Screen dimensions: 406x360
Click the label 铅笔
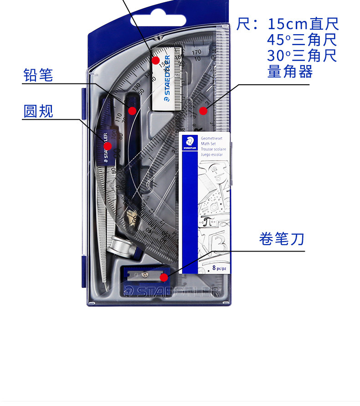(x=38, y=75)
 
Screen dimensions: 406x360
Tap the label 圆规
(x=38, y=111)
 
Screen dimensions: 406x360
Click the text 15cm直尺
(x=303, y=24)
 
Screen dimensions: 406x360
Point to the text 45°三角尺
(x=302, y=40)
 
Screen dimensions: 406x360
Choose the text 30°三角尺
(x=302, y=56)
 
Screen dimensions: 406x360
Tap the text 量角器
(x=290, y=72)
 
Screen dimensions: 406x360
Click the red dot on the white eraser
(x=155, y=60)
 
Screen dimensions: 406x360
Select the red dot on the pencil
(x=132, y=110)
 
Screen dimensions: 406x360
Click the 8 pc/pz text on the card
(x=219, y=268)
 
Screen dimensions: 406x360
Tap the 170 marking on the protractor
(x=196, y=52)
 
